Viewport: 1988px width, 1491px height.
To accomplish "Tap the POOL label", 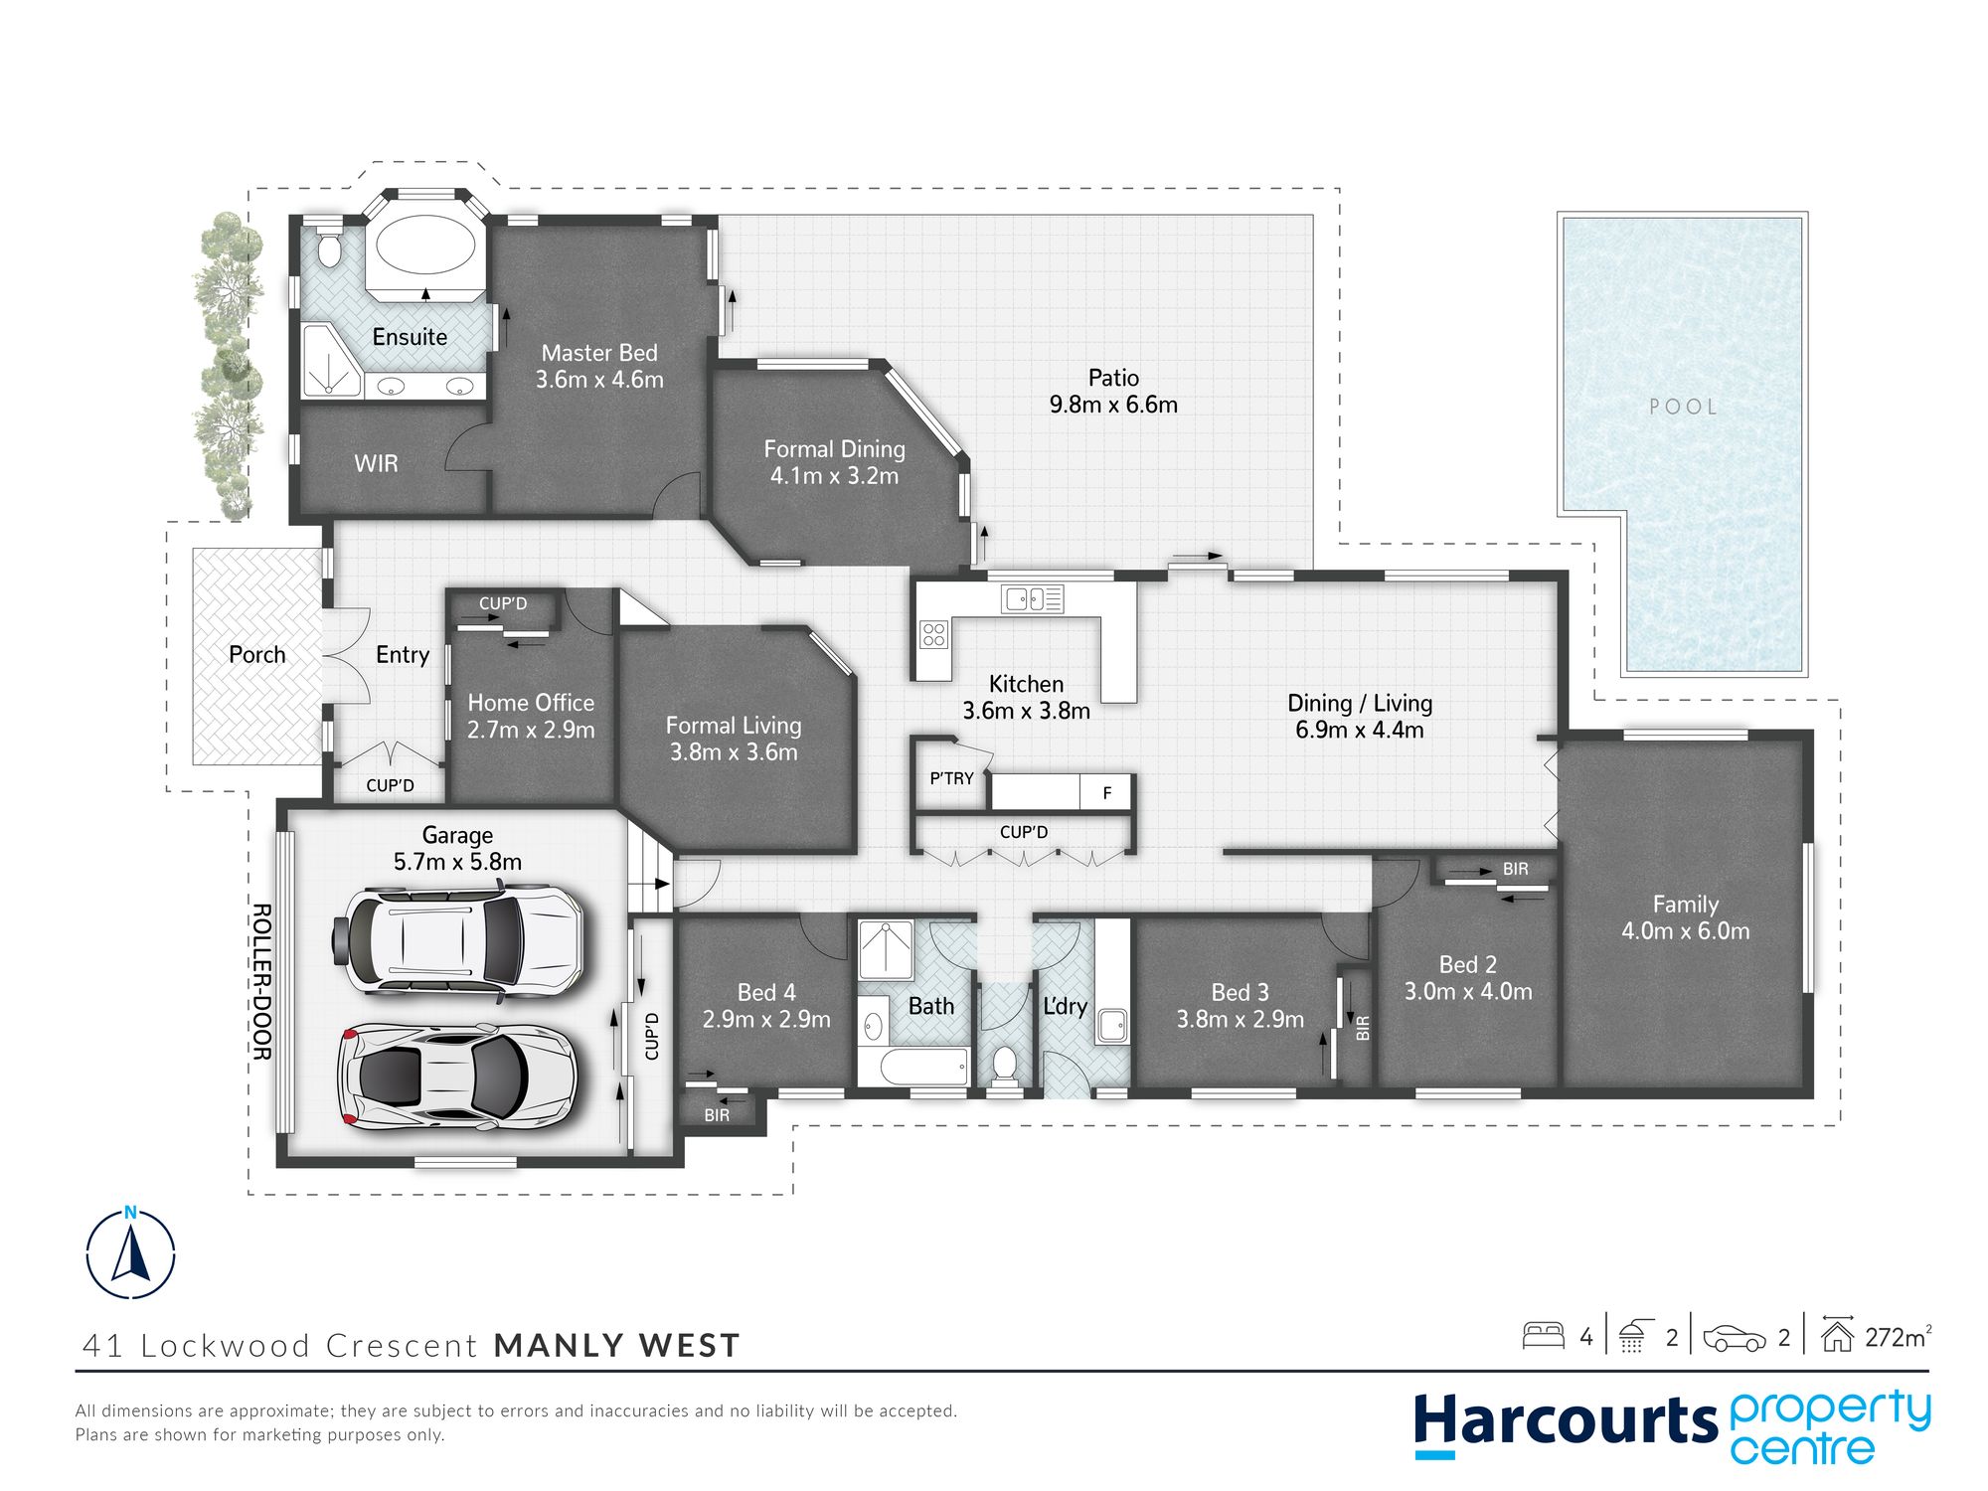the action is [x=1683, y=407].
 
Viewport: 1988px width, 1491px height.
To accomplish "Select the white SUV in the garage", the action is [x=456, y=938].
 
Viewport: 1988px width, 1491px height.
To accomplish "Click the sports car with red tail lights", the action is [x=457, y=1077].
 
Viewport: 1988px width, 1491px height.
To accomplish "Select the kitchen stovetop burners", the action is [x=934, y=634].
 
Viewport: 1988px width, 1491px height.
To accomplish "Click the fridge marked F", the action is [x=1106, y=792].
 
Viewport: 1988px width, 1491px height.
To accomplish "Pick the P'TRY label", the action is [x=951, y=778].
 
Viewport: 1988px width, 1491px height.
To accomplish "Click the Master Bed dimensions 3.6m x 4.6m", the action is [x=599, y=380].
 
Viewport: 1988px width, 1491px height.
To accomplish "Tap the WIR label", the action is [x=376, y=463].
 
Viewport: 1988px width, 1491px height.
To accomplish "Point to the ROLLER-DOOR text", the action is [x=261, y=981].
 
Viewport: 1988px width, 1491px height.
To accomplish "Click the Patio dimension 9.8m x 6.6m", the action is [x=1113, y=405].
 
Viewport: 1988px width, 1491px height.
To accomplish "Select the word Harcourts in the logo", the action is [x=1566, y=1421].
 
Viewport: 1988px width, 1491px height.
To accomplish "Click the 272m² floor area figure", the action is [x=1899, y=1337].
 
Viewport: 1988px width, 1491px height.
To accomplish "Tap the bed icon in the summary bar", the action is [x=1543, y=1335].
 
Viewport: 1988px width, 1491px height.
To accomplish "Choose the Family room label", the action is [x=1685, y=905].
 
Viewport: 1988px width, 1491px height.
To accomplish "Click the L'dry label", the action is [x=1065, y=1006].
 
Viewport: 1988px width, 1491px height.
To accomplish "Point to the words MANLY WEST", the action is [x=617, y=1346].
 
